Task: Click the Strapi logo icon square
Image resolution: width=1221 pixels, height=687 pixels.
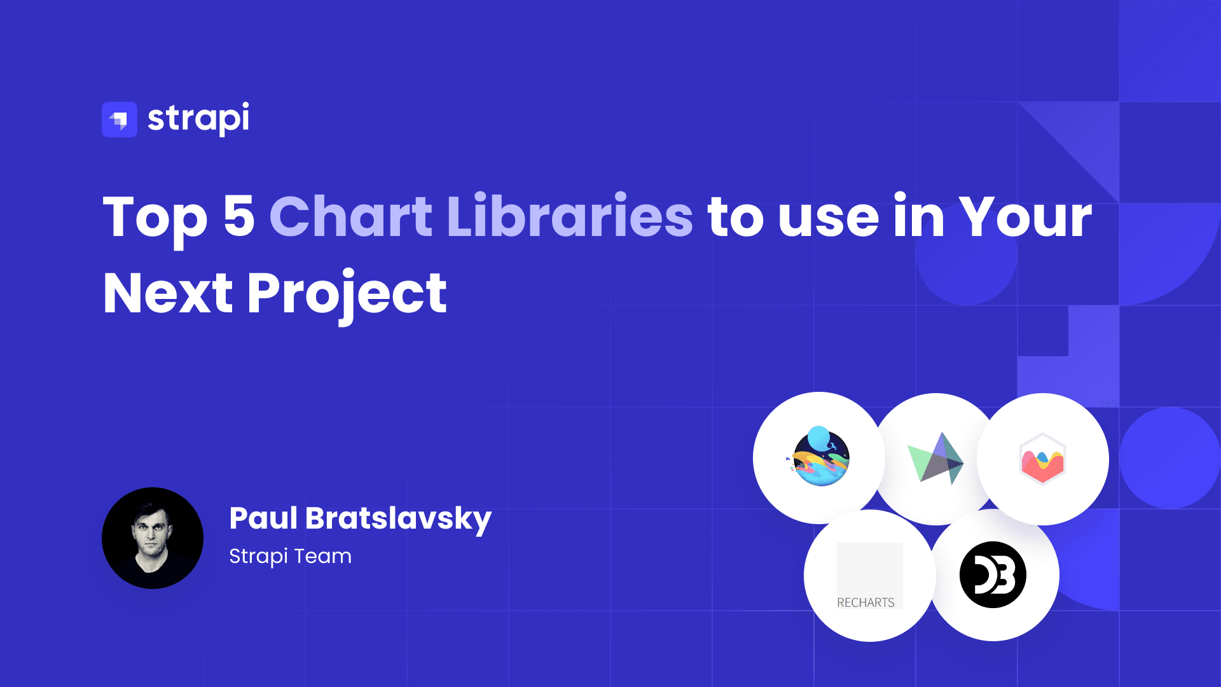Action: tap(120, 120)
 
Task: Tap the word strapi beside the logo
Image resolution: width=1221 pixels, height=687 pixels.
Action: tap(198, 118)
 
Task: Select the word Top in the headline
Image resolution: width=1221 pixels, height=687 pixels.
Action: tap(155, 218)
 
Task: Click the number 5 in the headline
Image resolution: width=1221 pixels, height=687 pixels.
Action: tap(239, 216)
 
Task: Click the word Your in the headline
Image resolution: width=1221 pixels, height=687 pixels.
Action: tap(1025, 218)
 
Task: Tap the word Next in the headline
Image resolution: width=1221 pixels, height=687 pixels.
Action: tap(168, 294)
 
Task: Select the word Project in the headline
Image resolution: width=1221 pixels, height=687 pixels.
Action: tap(347, 294)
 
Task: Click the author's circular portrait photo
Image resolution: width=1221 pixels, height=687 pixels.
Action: tap(153, 538)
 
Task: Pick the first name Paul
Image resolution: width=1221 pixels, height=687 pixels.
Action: tap(263, 518)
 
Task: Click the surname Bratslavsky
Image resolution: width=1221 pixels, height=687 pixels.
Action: tap(399, 519)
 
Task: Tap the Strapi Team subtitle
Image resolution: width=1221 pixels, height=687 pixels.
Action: tap(290, 556)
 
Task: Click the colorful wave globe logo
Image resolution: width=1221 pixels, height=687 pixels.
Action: tap(820, 457)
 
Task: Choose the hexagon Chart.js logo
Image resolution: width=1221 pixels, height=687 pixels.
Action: tap(1042, 459)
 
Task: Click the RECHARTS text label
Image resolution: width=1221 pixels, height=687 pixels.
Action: tap(866, 602)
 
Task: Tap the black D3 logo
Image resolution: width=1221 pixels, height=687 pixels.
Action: tap(993, 575)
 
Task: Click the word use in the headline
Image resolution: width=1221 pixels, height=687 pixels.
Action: tap(829, 218)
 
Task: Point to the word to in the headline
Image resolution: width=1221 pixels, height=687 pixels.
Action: tap(736, 218)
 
